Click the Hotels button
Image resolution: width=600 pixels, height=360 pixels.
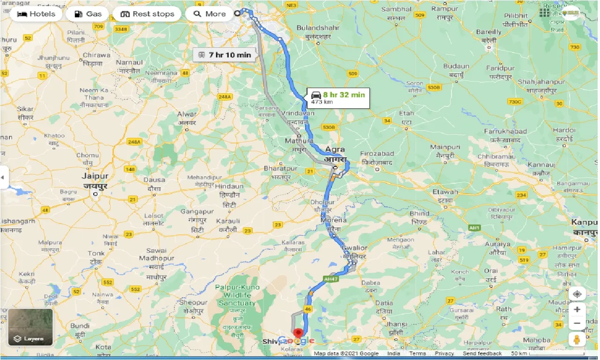[36, 14]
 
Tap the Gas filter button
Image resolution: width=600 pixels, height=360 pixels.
[88, 14]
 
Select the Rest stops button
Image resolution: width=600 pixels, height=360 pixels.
[147, 14]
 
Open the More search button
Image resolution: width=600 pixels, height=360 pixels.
[210, 14]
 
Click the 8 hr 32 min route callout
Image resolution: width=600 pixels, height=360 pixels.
[338, 98]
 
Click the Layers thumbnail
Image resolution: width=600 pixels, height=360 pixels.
[30, 327]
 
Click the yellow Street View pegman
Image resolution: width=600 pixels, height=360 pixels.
[577, 339]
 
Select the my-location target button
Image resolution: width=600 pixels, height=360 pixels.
[577, 294]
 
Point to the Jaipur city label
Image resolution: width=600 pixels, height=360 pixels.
[95, 177]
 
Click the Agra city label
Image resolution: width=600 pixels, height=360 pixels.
[335, 150]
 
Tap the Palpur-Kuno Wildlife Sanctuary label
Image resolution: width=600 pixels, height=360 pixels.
[237, 295]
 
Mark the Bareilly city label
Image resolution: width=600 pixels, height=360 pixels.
[488, 32]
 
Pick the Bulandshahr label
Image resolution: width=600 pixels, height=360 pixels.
[314, 28]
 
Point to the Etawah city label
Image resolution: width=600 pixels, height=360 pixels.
[445, 192]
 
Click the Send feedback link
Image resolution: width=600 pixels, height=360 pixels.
[482, 353]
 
